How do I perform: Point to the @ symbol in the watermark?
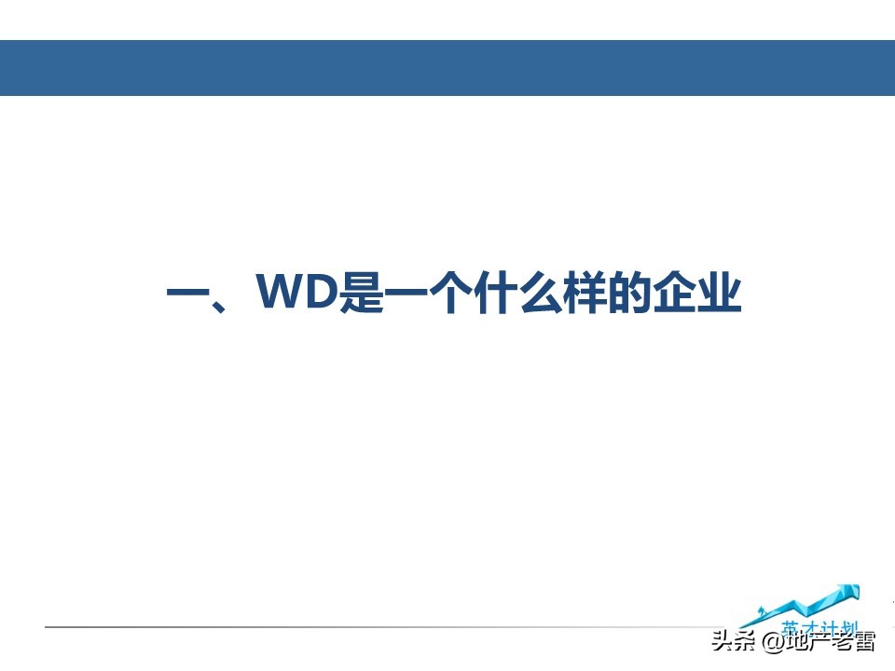tap(771, 642)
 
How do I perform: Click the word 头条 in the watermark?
tap(732, 642)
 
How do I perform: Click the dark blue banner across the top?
tap(447, 67)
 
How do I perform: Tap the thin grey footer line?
tap(373, 626)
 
